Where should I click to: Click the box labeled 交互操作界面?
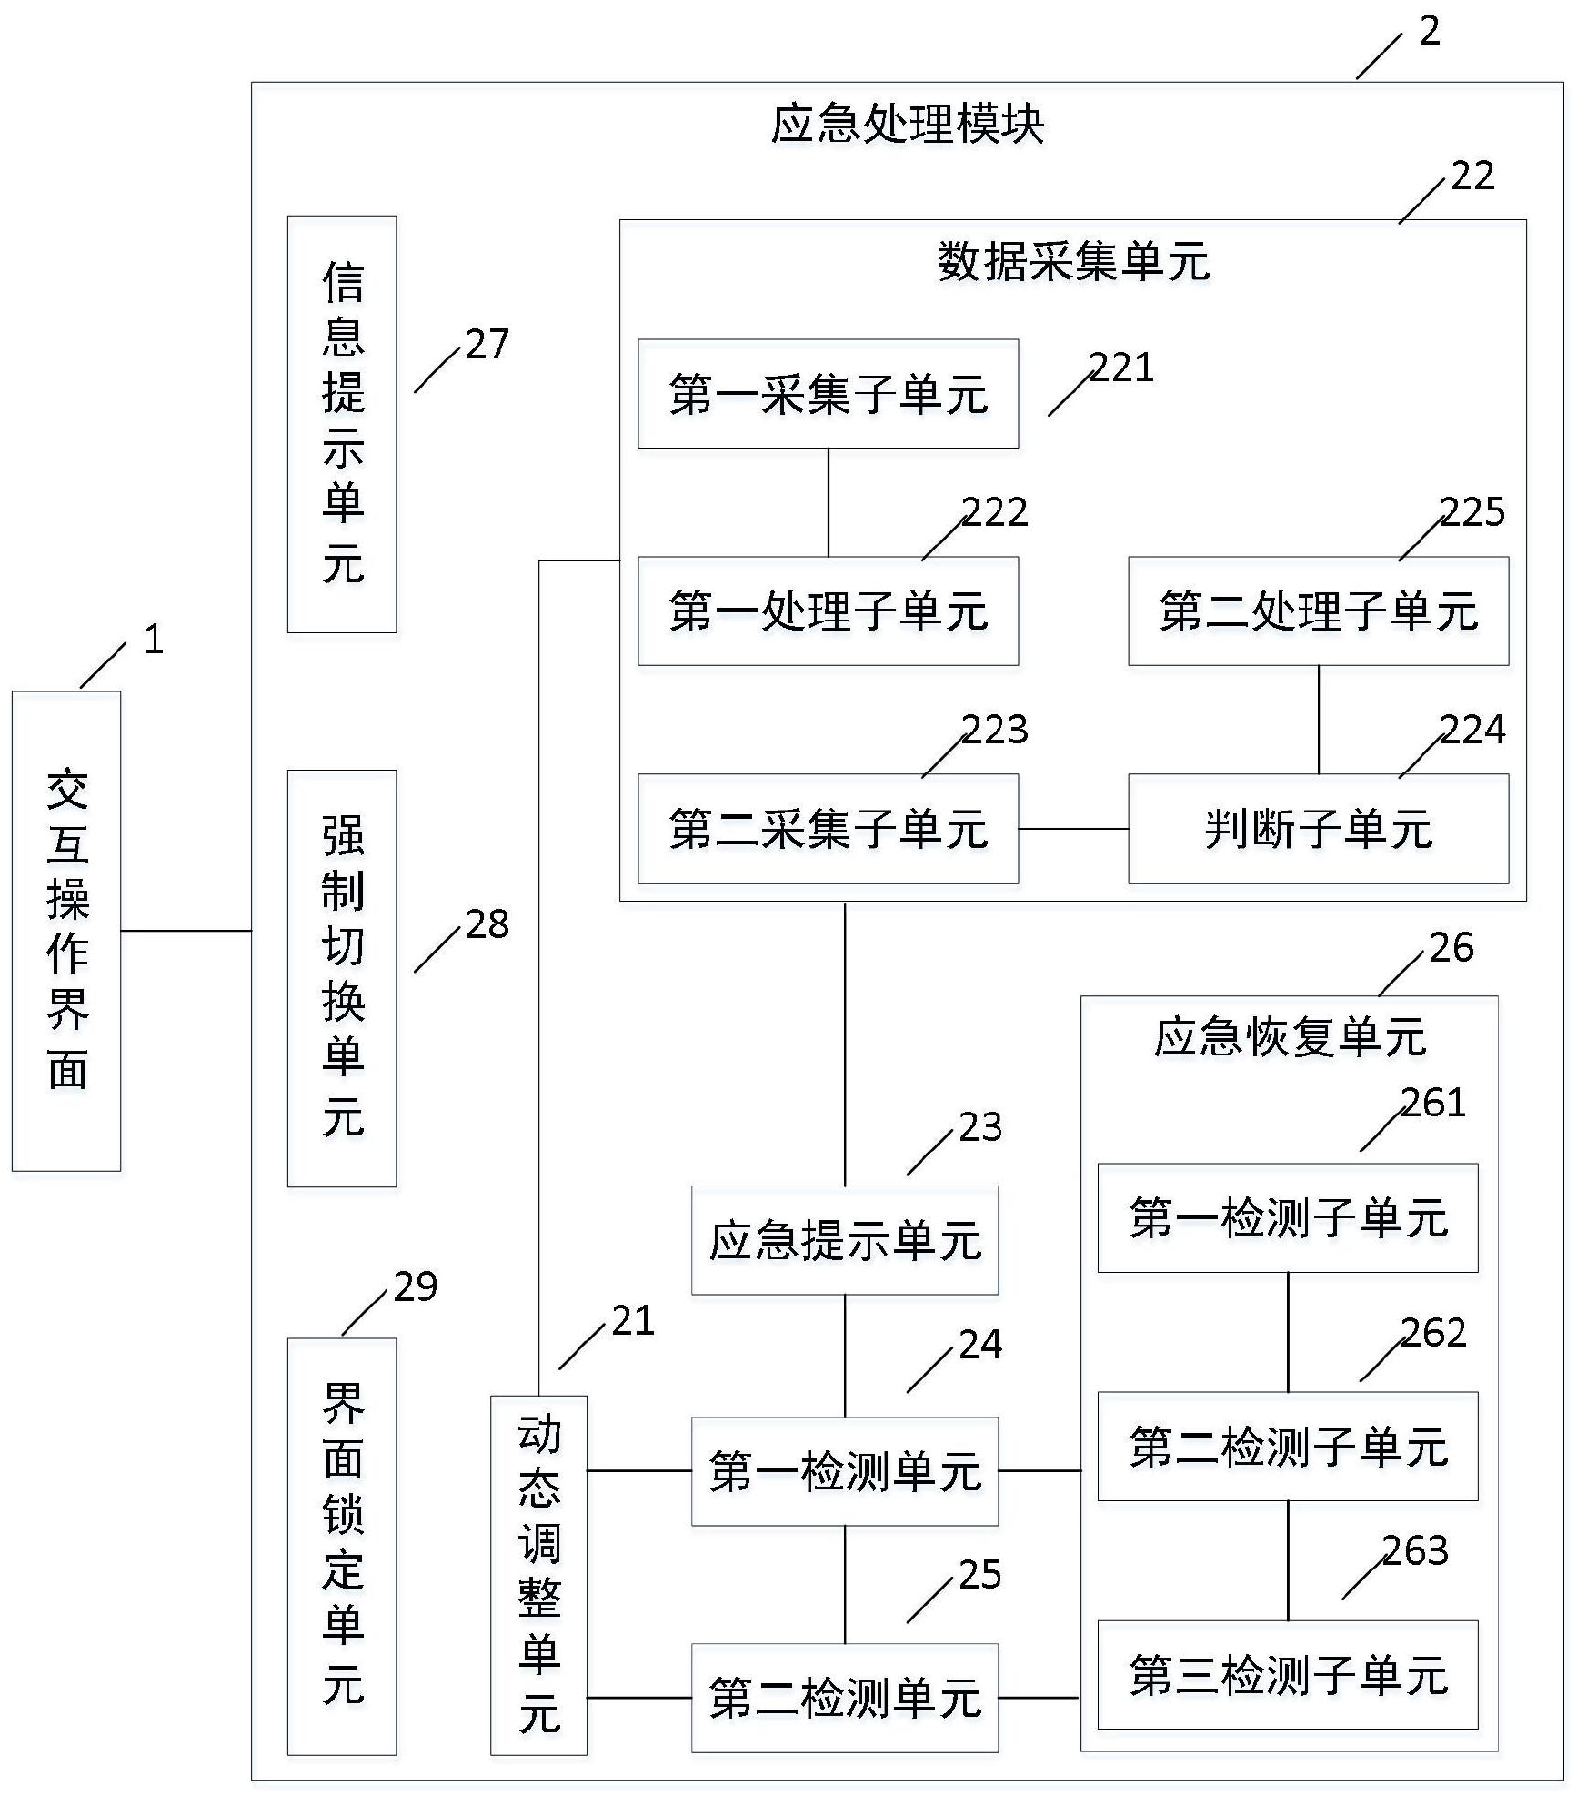[x=66, y=931]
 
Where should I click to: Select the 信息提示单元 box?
[x=342, y=424]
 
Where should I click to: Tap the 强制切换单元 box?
[x=342, y=978]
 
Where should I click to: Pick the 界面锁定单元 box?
[x=342, y=1546]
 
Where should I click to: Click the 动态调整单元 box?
[x=538, y=1575]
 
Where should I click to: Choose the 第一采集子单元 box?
[x=828, y=394]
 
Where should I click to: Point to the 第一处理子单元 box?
[x=828, y=611]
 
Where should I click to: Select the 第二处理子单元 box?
[x=1318, y=611]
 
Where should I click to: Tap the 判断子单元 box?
[x=1318, y=829]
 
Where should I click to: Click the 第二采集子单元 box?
[x=828, y=829]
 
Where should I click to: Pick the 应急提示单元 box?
[x=845, y=1240]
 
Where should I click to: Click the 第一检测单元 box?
[x=845, y=1470]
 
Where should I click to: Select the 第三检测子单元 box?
[x=1288, y=1675]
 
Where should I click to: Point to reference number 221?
[x=1122, y=368]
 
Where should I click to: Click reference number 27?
[x=487, y=344]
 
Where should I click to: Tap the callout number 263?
[x=1415, y=1551]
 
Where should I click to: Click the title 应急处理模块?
[x=908, y=125]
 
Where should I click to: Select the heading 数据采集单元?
[x=1073, y=262]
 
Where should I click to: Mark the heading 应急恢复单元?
[x=1290, y=1037]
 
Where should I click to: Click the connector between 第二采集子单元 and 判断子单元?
[x=1073, y=829]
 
